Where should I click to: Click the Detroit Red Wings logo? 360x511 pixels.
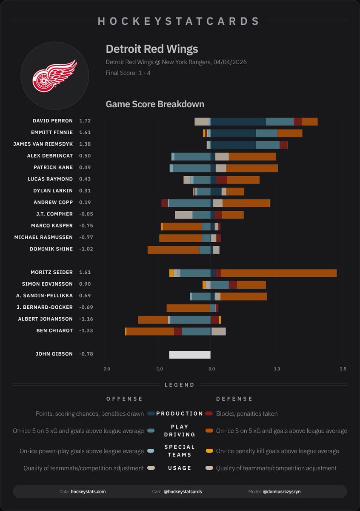pos(54,76)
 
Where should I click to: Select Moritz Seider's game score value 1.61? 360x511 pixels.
pos(85,272)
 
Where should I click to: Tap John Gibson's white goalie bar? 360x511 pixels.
pos(190,354)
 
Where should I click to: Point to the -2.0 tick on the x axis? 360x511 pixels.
pos(106,369)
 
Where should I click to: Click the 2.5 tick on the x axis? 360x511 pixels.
pos(343,369)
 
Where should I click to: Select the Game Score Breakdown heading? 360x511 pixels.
pos(155,104)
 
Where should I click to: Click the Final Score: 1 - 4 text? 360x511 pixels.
pos(128,73)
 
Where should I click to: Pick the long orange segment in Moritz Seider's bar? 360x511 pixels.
pos(279,273)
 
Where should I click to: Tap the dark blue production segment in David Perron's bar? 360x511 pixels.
pos(238,121)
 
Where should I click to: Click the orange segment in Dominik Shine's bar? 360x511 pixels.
pos(174,250)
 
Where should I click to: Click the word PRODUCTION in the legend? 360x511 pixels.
pos(180,413)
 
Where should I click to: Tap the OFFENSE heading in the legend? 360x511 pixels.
pos(124,399)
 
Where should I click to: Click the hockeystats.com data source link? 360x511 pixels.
pos(88,491)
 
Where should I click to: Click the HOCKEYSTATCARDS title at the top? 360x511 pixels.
pos(179,21)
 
